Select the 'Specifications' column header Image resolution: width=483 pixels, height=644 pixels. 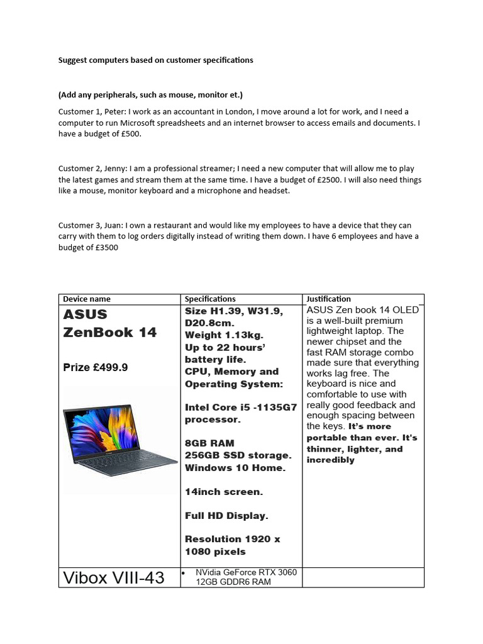click(210, 299)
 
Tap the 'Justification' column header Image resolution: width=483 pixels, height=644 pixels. click(328, 299)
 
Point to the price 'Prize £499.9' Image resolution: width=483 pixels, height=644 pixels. click(96, 367)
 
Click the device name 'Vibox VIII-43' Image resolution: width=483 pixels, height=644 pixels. click(114, 577)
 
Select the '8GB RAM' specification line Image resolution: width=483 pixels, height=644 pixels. click(211, 443)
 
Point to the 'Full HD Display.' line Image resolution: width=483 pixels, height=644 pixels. click(226, 516)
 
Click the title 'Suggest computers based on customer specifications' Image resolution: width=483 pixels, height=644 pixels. click(156, 60)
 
